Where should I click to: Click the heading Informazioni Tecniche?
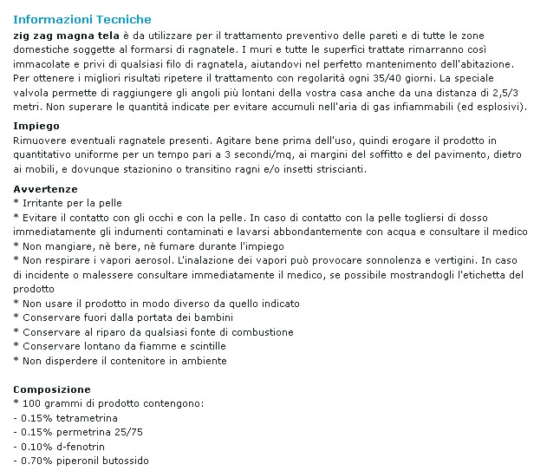(x=82, y=19)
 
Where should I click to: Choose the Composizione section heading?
(x=52, y=389)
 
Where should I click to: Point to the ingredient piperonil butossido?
(x=103, y=460)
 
